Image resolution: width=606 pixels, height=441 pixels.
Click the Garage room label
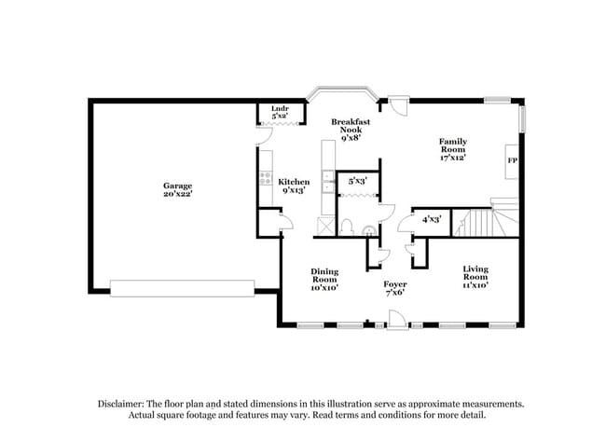click(x=177, y=186)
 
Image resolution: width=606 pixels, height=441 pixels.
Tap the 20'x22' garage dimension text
click(x=177, y=195)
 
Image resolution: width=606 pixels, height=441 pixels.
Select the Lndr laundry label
click(x=279, y=109)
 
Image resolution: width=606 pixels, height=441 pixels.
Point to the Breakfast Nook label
click(x=351, y=126)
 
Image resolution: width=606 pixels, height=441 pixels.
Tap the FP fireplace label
click(x=512, y=160)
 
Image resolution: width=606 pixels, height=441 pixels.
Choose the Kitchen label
click(x=294, y=182)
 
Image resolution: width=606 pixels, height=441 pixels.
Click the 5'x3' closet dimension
click(x=357, y=181)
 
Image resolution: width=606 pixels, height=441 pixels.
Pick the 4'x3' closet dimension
click(x=430, y=220)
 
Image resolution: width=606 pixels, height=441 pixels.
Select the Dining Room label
click(x=324, y=276)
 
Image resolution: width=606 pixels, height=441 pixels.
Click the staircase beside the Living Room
click(x=482, y=223)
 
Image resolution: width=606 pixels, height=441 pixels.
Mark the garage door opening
click(x=183, y=287)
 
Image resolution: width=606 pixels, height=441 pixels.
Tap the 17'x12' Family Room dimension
click(x=453, y=158)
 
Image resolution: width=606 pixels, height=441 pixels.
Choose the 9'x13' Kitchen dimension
click(x=294, y=191)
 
